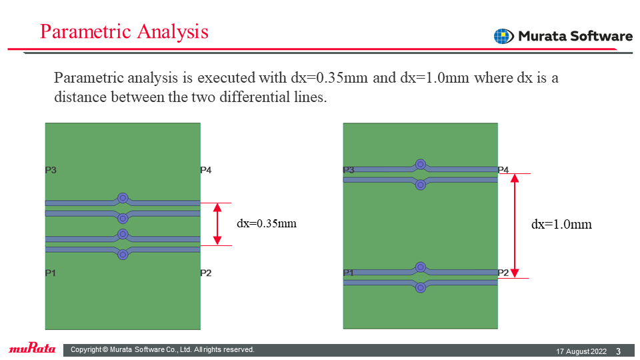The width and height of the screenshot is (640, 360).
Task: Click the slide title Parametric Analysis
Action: point(124,31)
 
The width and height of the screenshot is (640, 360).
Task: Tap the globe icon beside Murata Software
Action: point(504,36)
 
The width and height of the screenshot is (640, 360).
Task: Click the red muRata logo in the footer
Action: point(32,348)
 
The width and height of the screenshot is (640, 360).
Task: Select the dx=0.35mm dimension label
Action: point(267,223)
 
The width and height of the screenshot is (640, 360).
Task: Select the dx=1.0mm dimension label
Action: point(561,224)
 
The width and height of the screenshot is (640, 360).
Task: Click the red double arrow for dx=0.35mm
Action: point(217,224)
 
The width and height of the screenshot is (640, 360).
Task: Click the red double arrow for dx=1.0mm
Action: point(515,226)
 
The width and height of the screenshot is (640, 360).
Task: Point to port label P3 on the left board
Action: point(51,170)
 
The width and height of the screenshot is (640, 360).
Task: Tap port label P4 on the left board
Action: point(206,170)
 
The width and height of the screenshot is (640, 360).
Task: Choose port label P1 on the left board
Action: point(50,273)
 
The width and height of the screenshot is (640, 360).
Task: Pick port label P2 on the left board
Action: point(206,273)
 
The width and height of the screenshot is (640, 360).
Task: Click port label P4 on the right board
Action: point(503,170)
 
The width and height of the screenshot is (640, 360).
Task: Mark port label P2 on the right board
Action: point(503,273)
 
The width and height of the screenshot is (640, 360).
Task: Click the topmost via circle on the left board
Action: point(123,199)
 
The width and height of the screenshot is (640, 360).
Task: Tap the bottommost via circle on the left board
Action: point(123,255)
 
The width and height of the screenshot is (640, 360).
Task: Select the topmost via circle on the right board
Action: point(421,165)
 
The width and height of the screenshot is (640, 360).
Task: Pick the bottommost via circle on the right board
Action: point(421,287)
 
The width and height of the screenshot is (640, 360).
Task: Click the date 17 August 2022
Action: point(581,351)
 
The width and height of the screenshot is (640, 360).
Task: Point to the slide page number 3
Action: point(619,351)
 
